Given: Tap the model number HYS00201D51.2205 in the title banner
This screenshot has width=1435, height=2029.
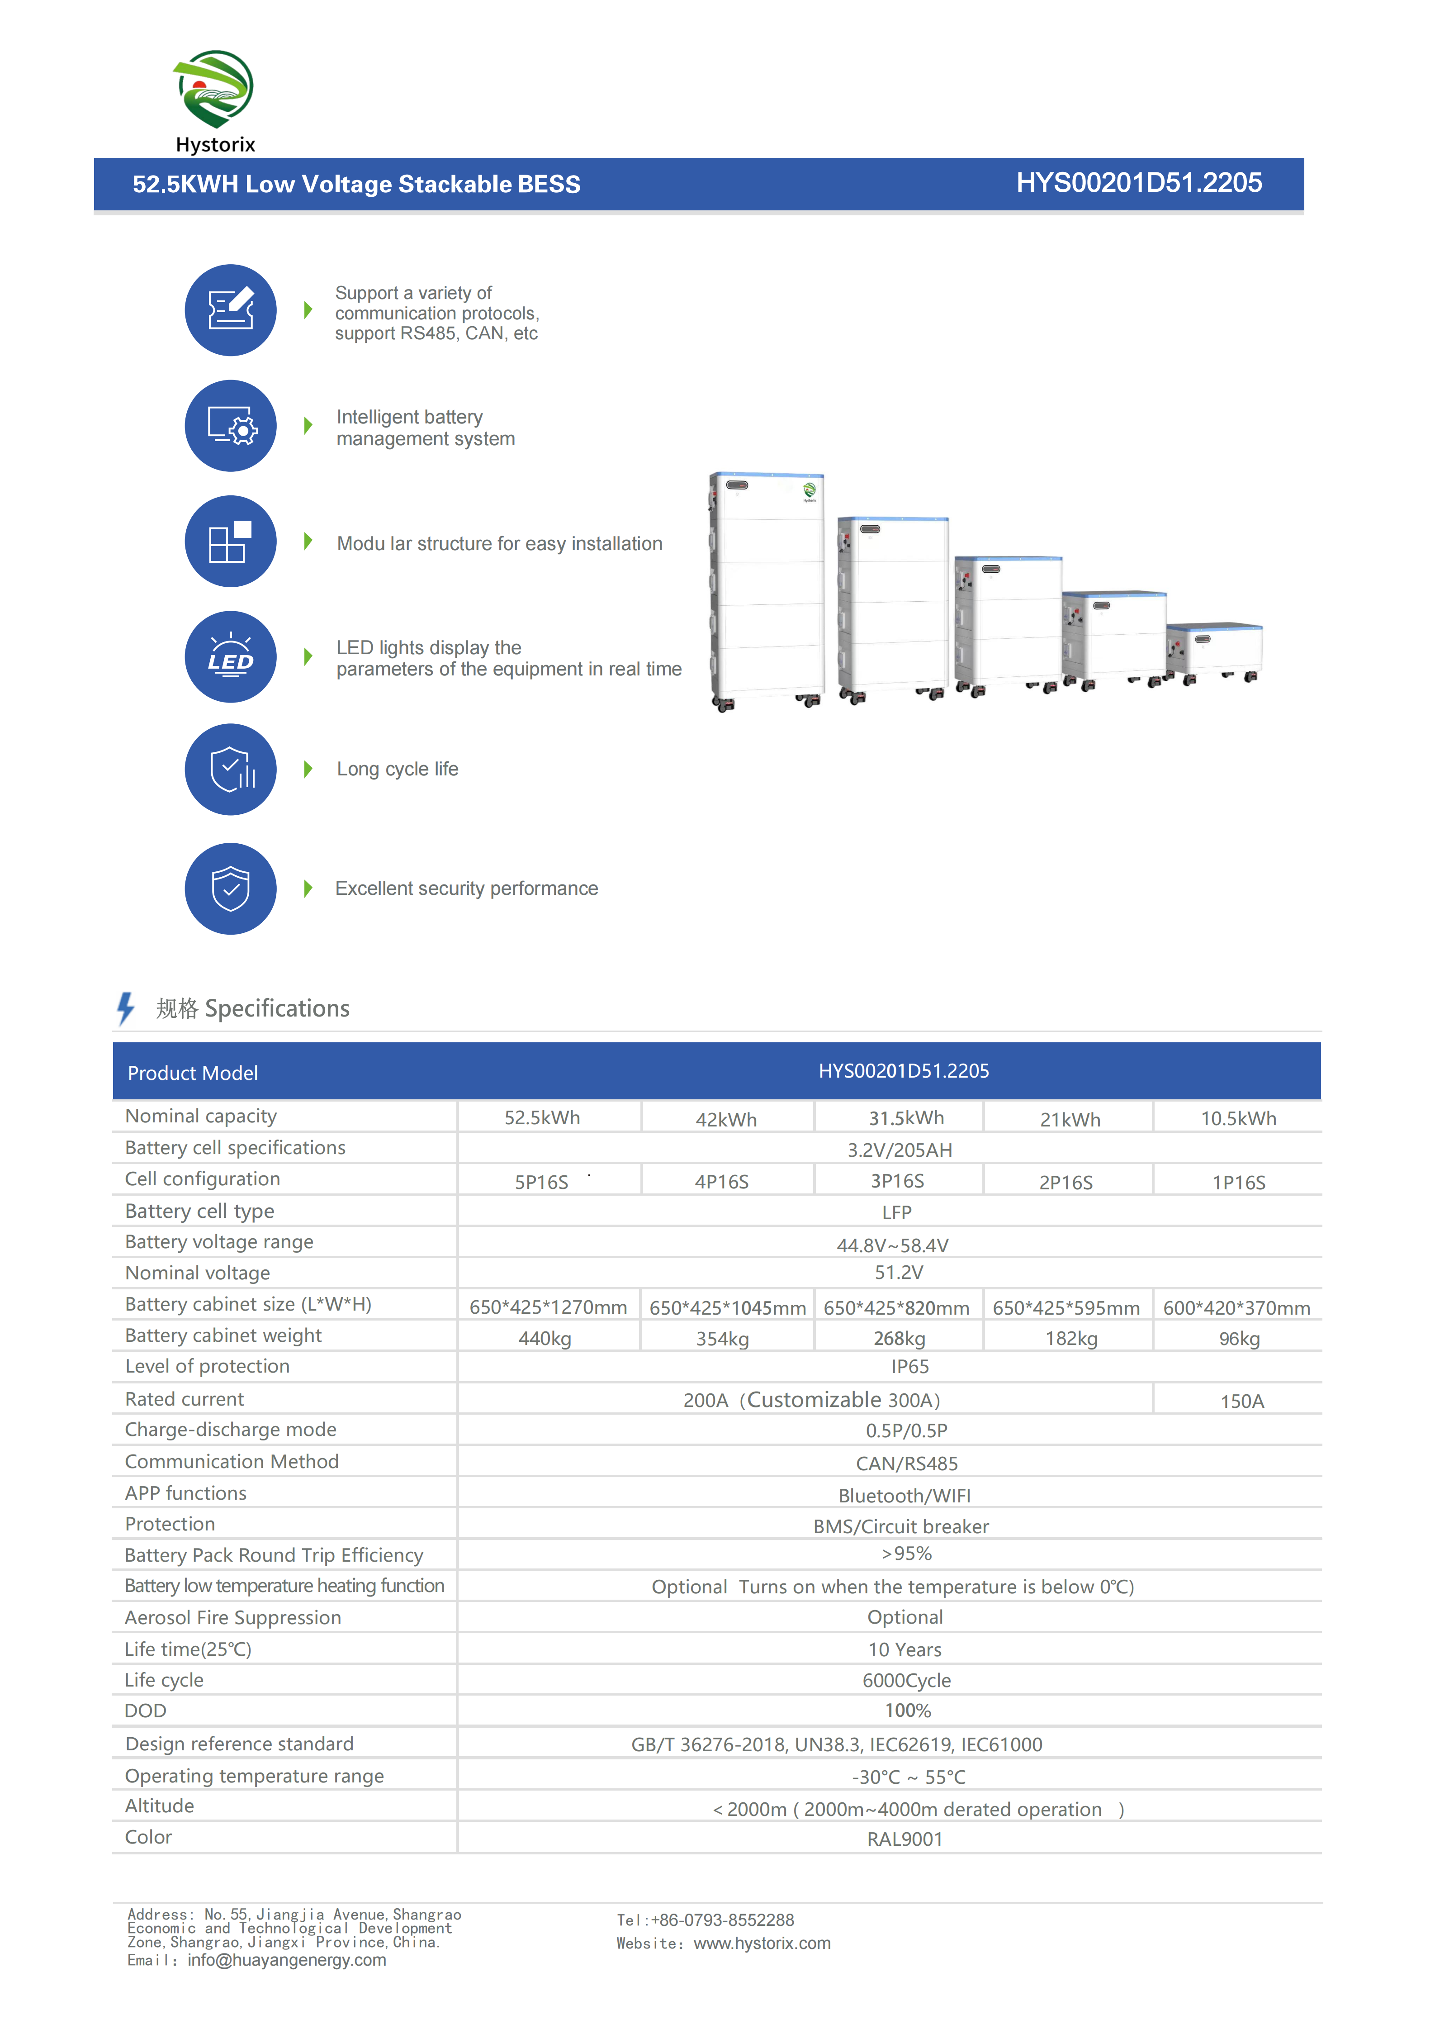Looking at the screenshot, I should coord(1138,183).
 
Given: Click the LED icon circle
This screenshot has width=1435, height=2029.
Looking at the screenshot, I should coord(231,656).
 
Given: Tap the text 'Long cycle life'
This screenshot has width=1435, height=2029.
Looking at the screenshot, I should coord(398,769).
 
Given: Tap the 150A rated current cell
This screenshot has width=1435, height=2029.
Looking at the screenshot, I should coord(1241,1401).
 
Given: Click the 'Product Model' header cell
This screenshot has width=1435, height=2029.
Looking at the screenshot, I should coord(193,1073).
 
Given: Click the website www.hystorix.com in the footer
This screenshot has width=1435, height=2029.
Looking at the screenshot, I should coord(762,1943).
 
